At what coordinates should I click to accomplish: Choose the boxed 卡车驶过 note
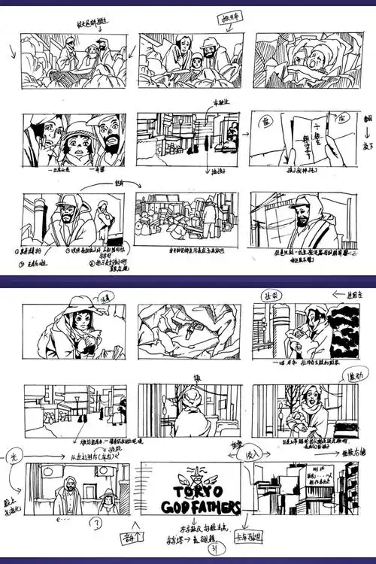[x=247, y=538]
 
